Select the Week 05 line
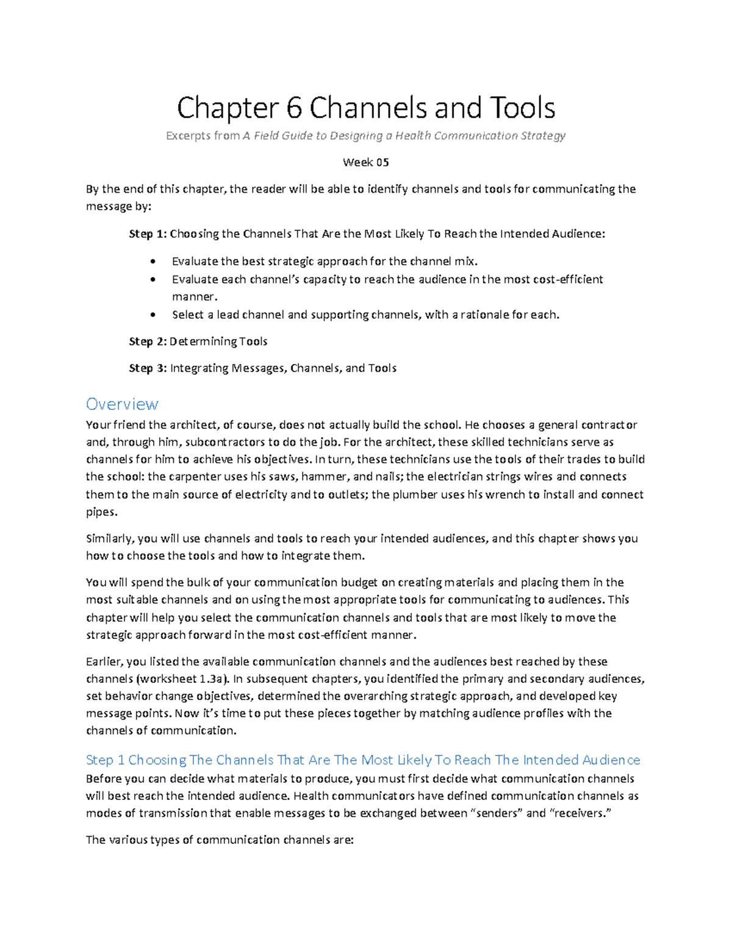click(x=365, y=162)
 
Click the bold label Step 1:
click(x=147, y=234)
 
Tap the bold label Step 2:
click(x=147, y=341)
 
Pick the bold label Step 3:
click(x=147, y=368)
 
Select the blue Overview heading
click(x=122, y=404)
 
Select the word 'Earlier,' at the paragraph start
click(x=104, y=662)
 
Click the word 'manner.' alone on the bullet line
click(x=195, y=297)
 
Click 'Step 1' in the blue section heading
click(x=105, y=760)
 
